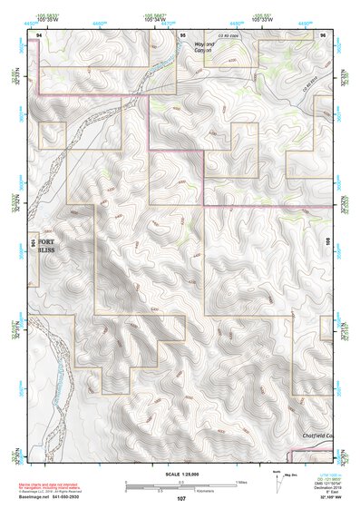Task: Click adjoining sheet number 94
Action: [x=39, y=33]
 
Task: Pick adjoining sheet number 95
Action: [x=182, y=33]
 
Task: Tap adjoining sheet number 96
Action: [x=322, y=33]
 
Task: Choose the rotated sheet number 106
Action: [x=34, y=242]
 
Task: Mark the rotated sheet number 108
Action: [x=330, y=242]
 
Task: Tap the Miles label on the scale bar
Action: [x=240, y=482]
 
